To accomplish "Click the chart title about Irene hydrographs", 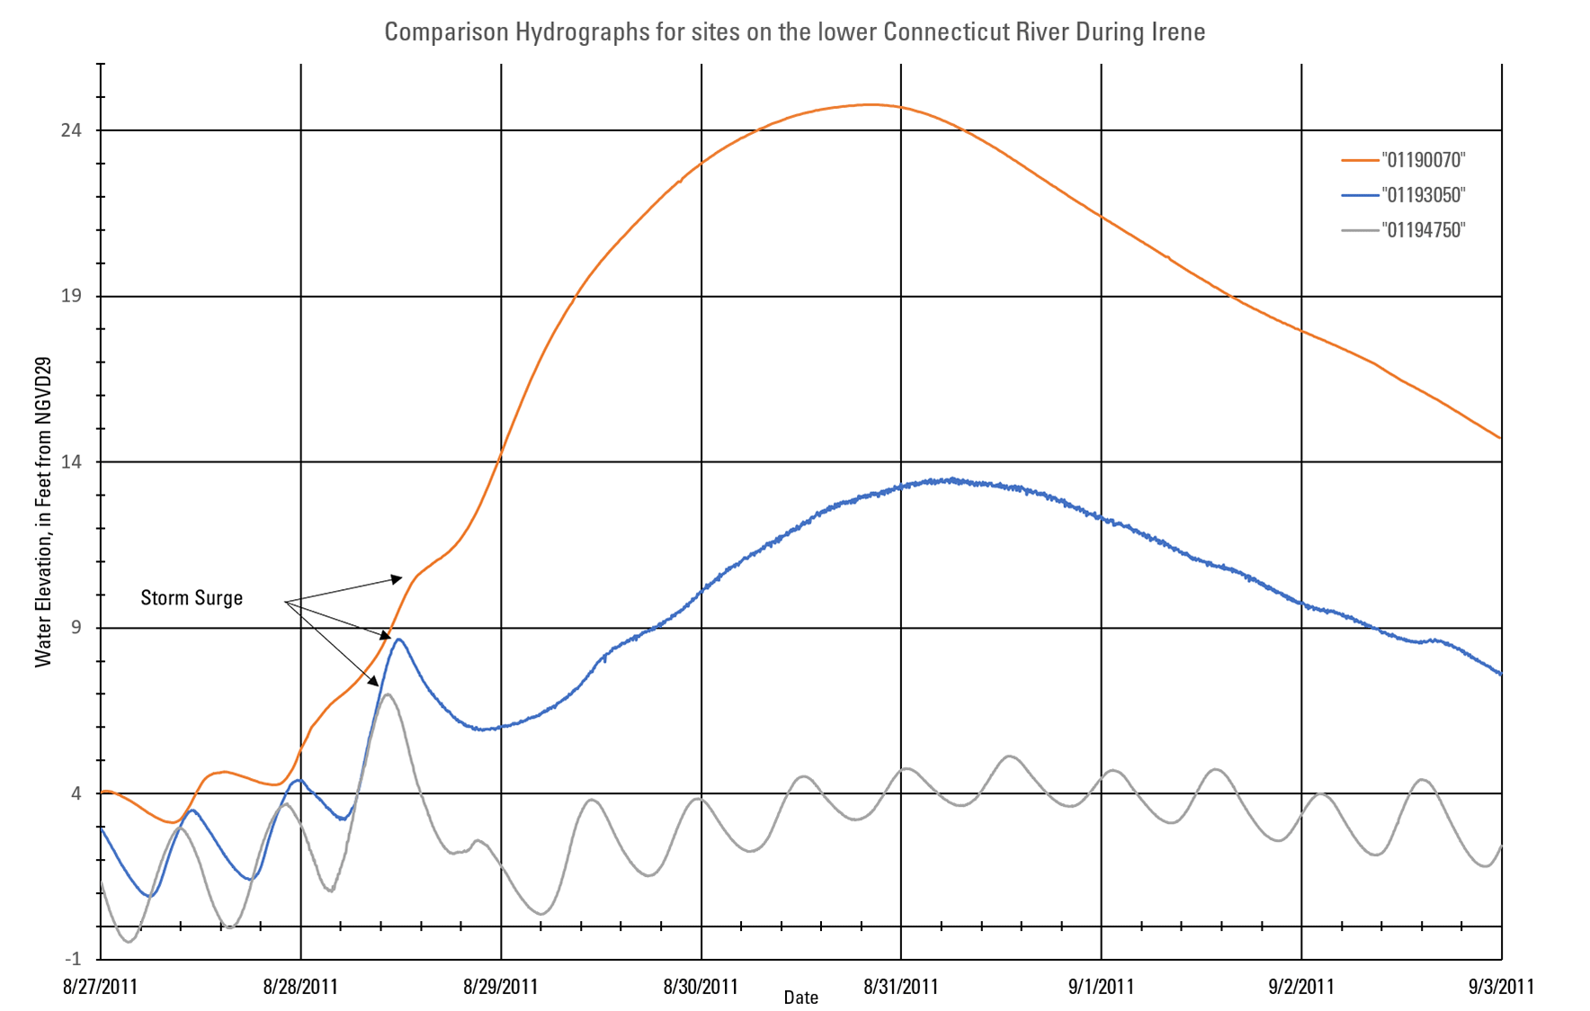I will tap(794, 32).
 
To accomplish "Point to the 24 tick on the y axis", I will tap(70, 130).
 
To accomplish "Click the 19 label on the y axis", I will tap(70, 296).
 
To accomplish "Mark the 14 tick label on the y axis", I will tap(70, 461).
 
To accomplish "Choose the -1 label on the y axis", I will tap(72, 959).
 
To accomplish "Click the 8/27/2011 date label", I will tap(100, 987).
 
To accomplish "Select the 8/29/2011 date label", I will tap(500, 987).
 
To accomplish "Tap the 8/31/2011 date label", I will tap(900, 987).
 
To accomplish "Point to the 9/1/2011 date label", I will tap(1101, 987).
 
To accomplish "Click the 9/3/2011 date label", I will tap(1501, 987).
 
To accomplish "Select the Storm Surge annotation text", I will tap(192, 598).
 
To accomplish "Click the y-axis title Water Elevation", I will tap(42, 512).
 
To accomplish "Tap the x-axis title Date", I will tap(800, 998).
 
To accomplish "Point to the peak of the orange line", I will tap(870, 104).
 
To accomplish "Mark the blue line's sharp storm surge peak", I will tap(398, 640).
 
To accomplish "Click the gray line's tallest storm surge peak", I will tap(387, 694).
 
